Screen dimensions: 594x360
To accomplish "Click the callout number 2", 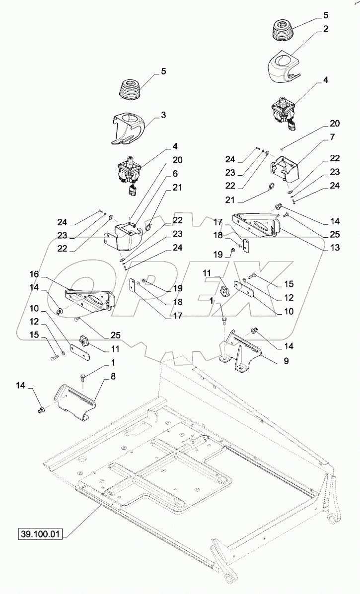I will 326,29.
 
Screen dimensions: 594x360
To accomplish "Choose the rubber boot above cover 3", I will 131,89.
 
